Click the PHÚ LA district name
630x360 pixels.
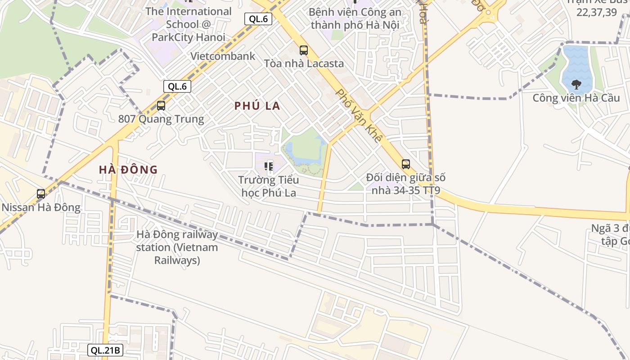coord(257,106)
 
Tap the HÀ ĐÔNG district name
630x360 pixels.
coord(128,170)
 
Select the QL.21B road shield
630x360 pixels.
coord(105,350)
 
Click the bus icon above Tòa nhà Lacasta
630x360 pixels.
coord(304,50)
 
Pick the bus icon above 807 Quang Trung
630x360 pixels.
coord(161,106)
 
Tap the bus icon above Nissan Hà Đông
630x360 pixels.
coord(41,194)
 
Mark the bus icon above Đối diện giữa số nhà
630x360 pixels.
coord(406,164)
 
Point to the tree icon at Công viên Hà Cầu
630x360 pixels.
coord(576,84)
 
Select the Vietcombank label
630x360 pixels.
coord(223,56)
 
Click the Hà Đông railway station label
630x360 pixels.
coord(177,247)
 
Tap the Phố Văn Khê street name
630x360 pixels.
coord(359,116)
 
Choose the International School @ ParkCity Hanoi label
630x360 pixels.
coord(188,24)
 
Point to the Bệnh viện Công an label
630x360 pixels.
coord(355,18)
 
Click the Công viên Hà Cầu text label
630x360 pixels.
coord(576,98)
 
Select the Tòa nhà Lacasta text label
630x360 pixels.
coord(304,63)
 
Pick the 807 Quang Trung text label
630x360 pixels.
coord(161,119)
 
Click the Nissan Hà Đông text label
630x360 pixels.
coord(41,207)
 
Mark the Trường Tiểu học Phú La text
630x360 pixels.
coord(269,186)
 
